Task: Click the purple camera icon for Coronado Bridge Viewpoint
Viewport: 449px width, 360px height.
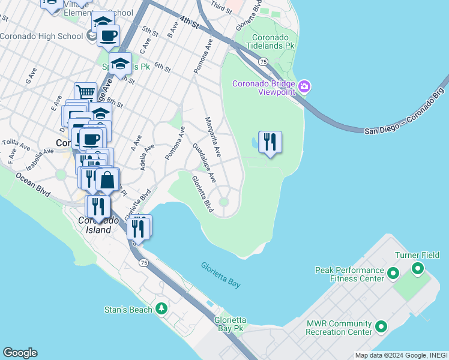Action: (304, 88)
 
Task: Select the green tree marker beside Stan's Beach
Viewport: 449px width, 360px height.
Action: (161, 308)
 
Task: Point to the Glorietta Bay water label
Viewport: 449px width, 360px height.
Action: (220, 275)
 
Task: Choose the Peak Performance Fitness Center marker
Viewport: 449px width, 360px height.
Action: (393, 274)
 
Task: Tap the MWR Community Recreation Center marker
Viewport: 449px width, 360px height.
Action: (381, 328)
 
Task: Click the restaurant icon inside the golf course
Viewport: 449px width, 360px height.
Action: (270, 142)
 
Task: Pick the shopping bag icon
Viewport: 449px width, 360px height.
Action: (107, 179)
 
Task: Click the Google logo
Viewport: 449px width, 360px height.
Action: (20, 353)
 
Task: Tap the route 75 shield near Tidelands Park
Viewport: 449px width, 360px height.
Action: (263, 62)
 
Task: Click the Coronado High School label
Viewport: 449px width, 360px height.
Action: (41, 37)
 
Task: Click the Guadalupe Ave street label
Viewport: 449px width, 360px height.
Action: (204, 163)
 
